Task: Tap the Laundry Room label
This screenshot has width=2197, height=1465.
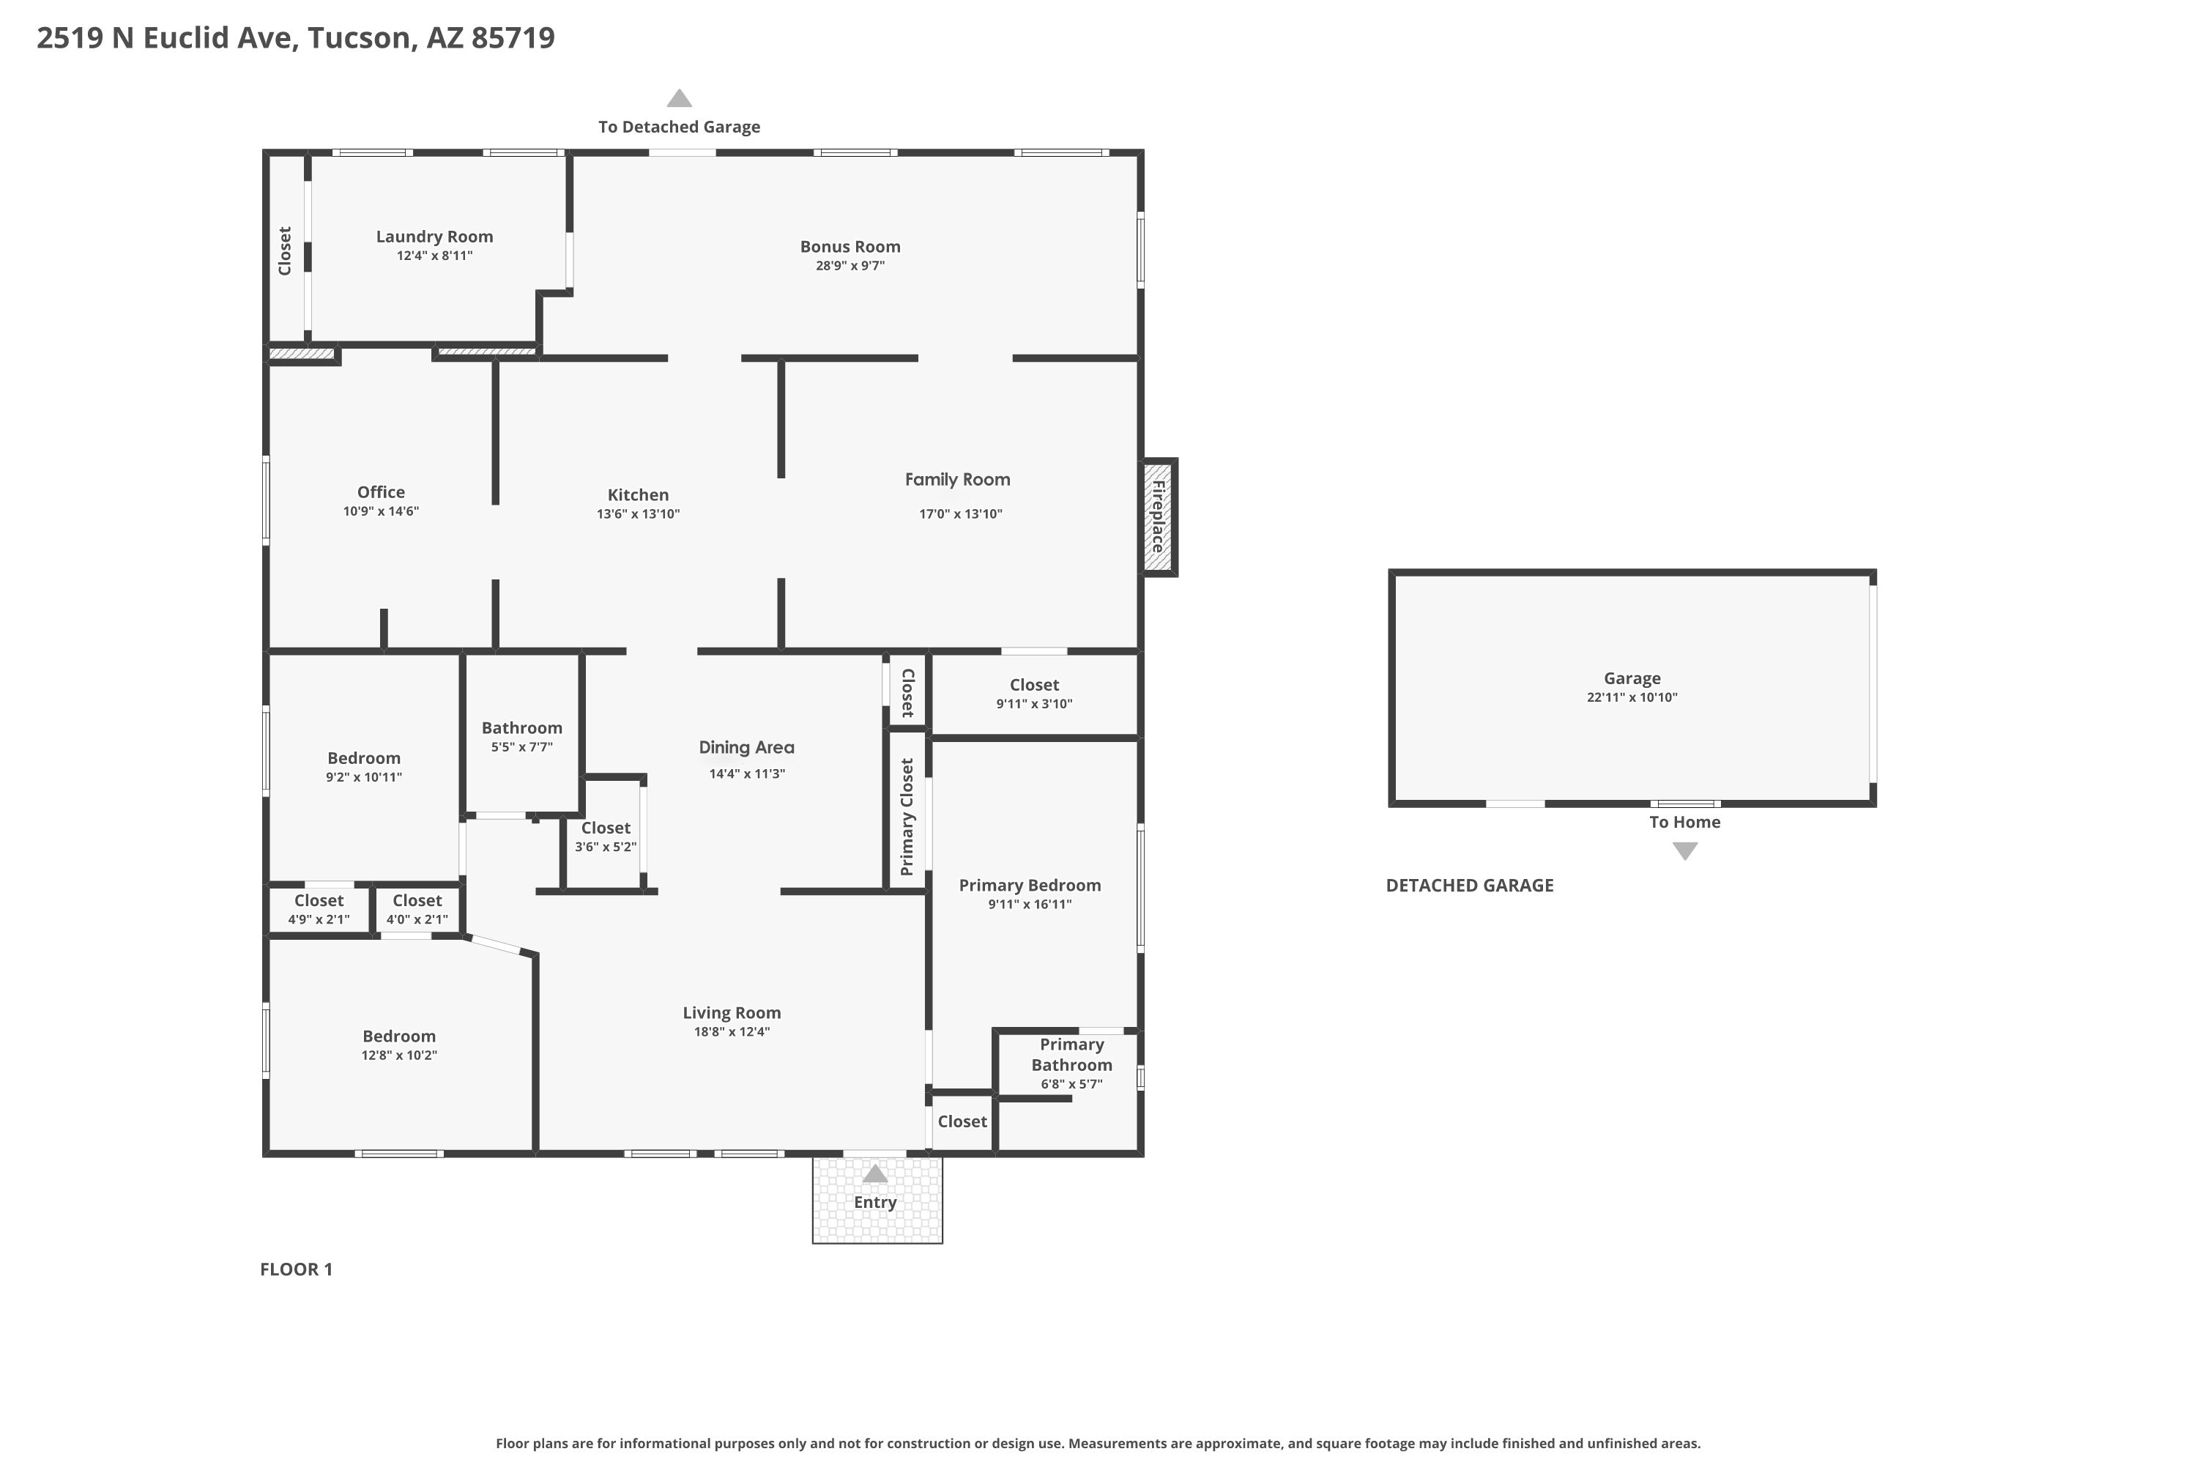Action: pyautogui.click(x=434, y=237)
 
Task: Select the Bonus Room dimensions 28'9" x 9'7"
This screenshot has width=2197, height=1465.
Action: pyautogui.click(x=850, y=265)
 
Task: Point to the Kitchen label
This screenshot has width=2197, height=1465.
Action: pyautogui.click(x=638, y=495)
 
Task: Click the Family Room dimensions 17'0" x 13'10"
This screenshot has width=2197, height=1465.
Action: pyautogui.click(x=960, y=514)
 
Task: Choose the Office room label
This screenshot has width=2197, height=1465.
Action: pyautogui.click(x=381, y=492)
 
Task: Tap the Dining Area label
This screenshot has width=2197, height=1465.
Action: pyautogui.click(x=746, y=747)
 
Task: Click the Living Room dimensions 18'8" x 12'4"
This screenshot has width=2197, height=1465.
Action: pyautogui.click(x=732, y=1031)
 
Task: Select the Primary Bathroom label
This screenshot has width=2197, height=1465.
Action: pyautogui.click(x=1071, y=1055)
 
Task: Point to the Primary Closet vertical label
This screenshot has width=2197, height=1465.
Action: pyautogui.click(x=906, y=817)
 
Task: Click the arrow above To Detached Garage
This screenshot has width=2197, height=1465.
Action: pyautogui.click(x=679, y=98)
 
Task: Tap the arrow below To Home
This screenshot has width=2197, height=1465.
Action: pyautogui.click(x=1685, y=851)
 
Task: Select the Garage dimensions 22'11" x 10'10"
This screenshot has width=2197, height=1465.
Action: pyautogui.click(x=1632, y=697)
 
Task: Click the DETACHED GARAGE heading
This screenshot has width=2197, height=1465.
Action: pyautogui.click(x=1469, y=886)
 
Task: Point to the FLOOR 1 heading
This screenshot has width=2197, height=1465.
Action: pyautogui.click(x=296, y=1269)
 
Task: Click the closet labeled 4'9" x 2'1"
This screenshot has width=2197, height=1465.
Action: pyautogui.click(x=319, y=909)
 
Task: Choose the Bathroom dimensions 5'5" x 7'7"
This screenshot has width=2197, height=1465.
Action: pyautogui.click(x=522, y=747)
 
